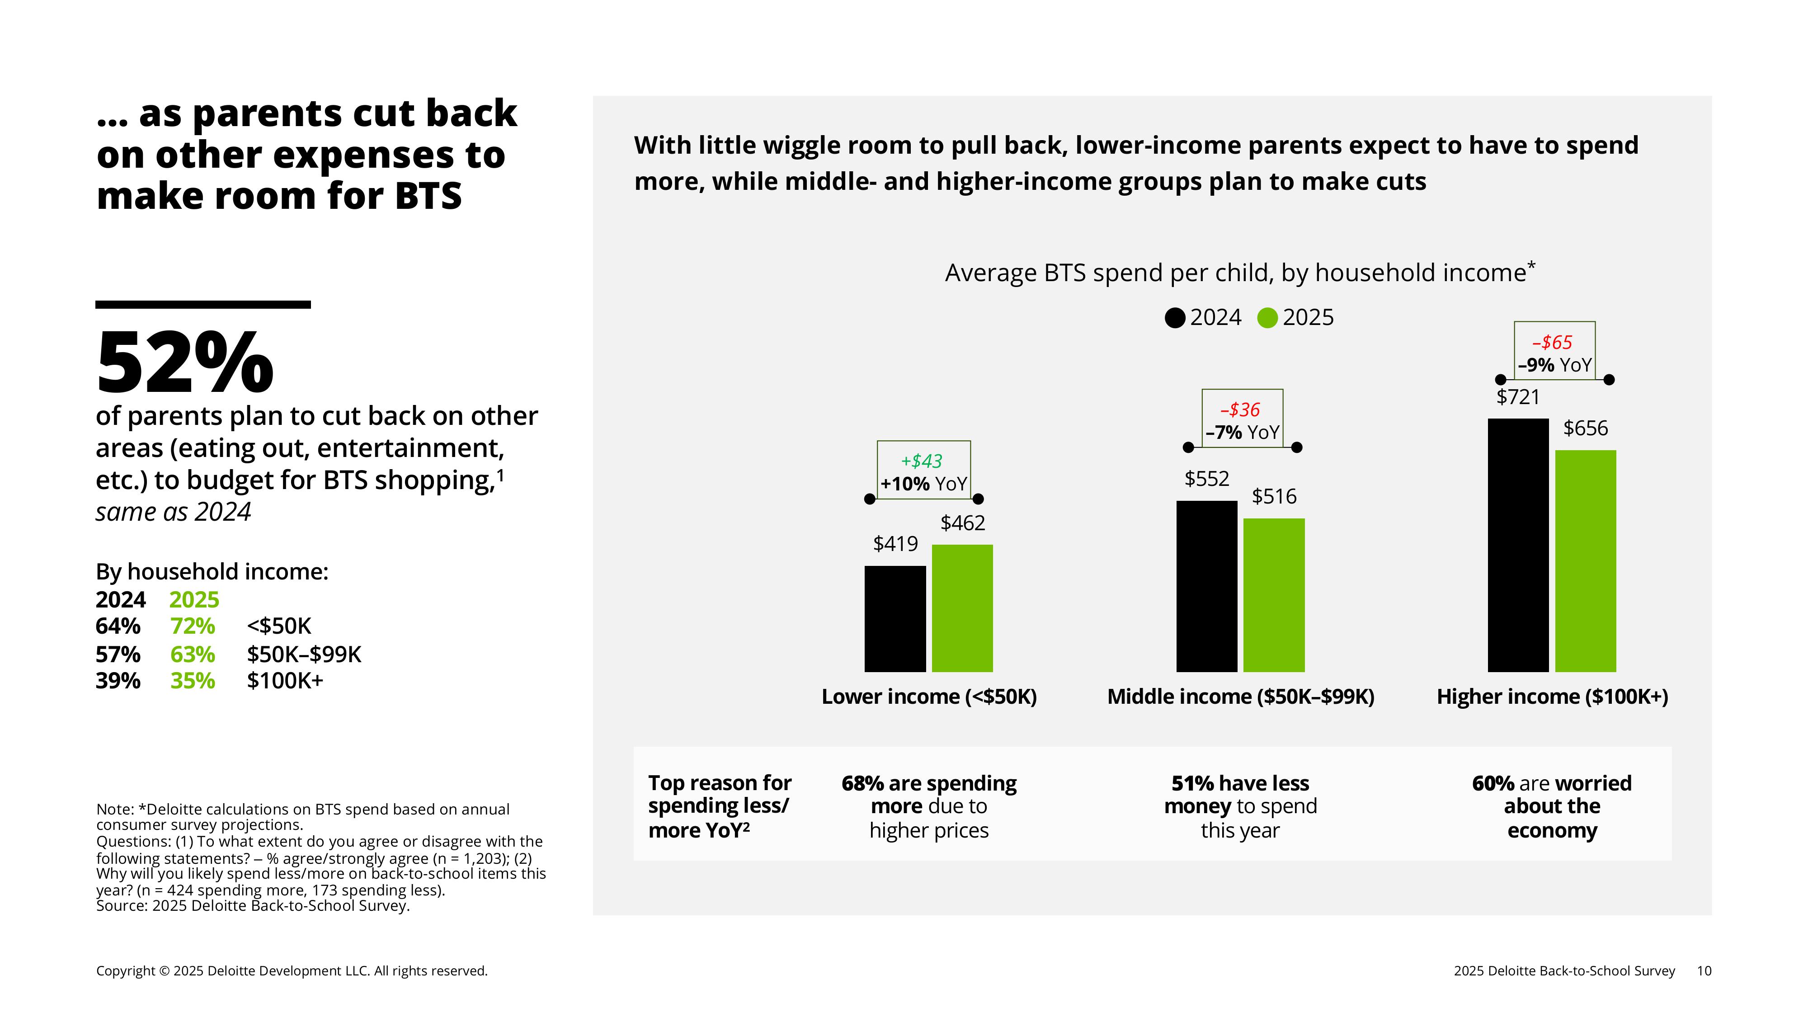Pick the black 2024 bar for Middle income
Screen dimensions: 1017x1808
[1206, 586]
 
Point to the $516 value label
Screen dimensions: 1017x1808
[1273, 497]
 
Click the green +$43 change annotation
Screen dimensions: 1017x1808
[922, 461]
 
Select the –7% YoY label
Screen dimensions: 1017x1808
[1242, 433]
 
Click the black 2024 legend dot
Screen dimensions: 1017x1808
[1175, 318]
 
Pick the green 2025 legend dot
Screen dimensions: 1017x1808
[1267, 318]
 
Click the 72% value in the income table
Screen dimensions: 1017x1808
[192, 626]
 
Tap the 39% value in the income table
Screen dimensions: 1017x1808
[118, 681]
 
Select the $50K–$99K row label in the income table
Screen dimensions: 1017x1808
[303, 654]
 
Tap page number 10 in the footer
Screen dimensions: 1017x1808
[1704, 971]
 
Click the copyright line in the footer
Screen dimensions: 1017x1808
[291, 971]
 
